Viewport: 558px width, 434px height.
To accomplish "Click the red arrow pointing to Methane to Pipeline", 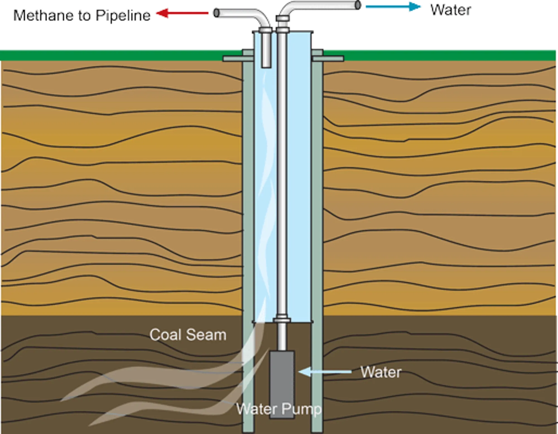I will coord(183,13).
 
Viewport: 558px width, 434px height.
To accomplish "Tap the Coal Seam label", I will coord(187,335).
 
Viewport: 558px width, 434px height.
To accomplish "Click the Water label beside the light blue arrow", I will coord(381,372).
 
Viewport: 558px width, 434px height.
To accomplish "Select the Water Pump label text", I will coord(279,409).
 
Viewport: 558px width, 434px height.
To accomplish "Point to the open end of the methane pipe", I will coord(216,13).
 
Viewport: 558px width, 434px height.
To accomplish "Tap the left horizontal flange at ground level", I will coord(233,59).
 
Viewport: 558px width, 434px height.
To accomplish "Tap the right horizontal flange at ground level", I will coord(328,59).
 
